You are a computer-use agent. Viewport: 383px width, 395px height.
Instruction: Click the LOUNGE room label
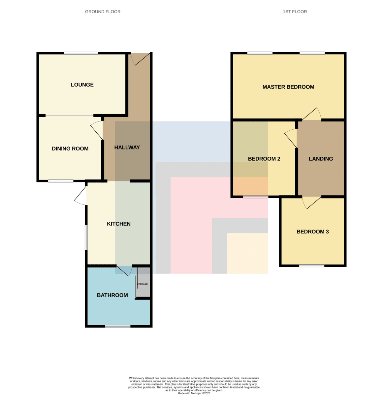pos(82,85)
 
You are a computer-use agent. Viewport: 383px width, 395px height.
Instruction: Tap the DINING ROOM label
pos(70,148)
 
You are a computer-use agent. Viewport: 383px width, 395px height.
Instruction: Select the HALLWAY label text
pos(127,147)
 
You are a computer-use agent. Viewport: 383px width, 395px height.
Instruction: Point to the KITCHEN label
pos(119,224)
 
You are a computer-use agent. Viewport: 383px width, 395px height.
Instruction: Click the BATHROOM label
pos(112,295)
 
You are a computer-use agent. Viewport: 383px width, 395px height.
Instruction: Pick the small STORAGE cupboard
pos(143,282)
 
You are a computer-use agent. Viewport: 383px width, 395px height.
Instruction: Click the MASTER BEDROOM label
pos(288,87)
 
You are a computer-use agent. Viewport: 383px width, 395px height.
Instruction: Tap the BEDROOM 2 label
pos(264,159)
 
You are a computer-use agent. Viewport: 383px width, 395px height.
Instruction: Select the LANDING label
pos(321,159)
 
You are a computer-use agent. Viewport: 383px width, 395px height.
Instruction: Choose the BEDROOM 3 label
pos(313,232)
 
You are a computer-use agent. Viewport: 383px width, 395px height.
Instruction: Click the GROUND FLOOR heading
pos(103,12)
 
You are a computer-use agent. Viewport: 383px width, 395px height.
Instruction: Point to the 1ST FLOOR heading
pos(295,12)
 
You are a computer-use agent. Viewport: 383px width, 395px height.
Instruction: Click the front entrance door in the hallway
pos(140,59)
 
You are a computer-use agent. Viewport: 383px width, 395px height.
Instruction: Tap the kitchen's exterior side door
pos(80,196)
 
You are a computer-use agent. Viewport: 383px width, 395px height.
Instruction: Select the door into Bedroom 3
pos(312,202)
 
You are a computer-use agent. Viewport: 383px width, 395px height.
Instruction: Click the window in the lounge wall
pos(81,53)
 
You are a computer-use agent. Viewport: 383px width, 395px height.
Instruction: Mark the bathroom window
pos(118,326)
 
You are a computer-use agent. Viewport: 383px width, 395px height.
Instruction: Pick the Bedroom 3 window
pos(312,266)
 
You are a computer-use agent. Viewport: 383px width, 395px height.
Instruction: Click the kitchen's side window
pos(86,237)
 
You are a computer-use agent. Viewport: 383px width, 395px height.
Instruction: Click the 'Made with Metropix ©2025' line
pos(194,393)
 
